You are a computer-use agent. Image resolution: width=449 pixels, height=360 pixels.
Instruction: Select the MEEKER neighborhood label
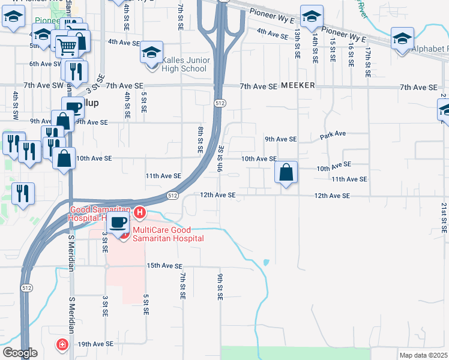297,86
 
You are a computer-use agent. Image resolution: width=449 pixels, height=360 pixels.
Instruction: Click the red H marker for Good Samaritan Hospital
140,212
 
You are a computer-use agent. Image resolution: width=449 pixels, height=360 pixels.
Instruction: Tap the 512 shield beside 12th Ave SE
172,196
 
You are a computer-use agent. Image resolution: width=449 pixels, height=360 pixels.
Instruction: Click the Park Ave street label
333,135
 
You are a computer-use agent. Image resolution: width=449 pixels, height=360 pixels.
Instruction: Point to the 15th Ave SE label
164,266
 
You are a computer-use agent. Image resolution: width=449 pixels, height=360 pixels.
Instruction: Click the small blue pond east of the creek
265,262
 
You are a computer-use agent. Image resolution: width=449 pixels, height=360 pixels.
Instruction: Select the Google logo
19,353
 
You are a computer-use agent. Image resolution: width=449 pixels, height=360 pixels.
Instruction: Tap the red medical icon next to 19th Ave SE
62,344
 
